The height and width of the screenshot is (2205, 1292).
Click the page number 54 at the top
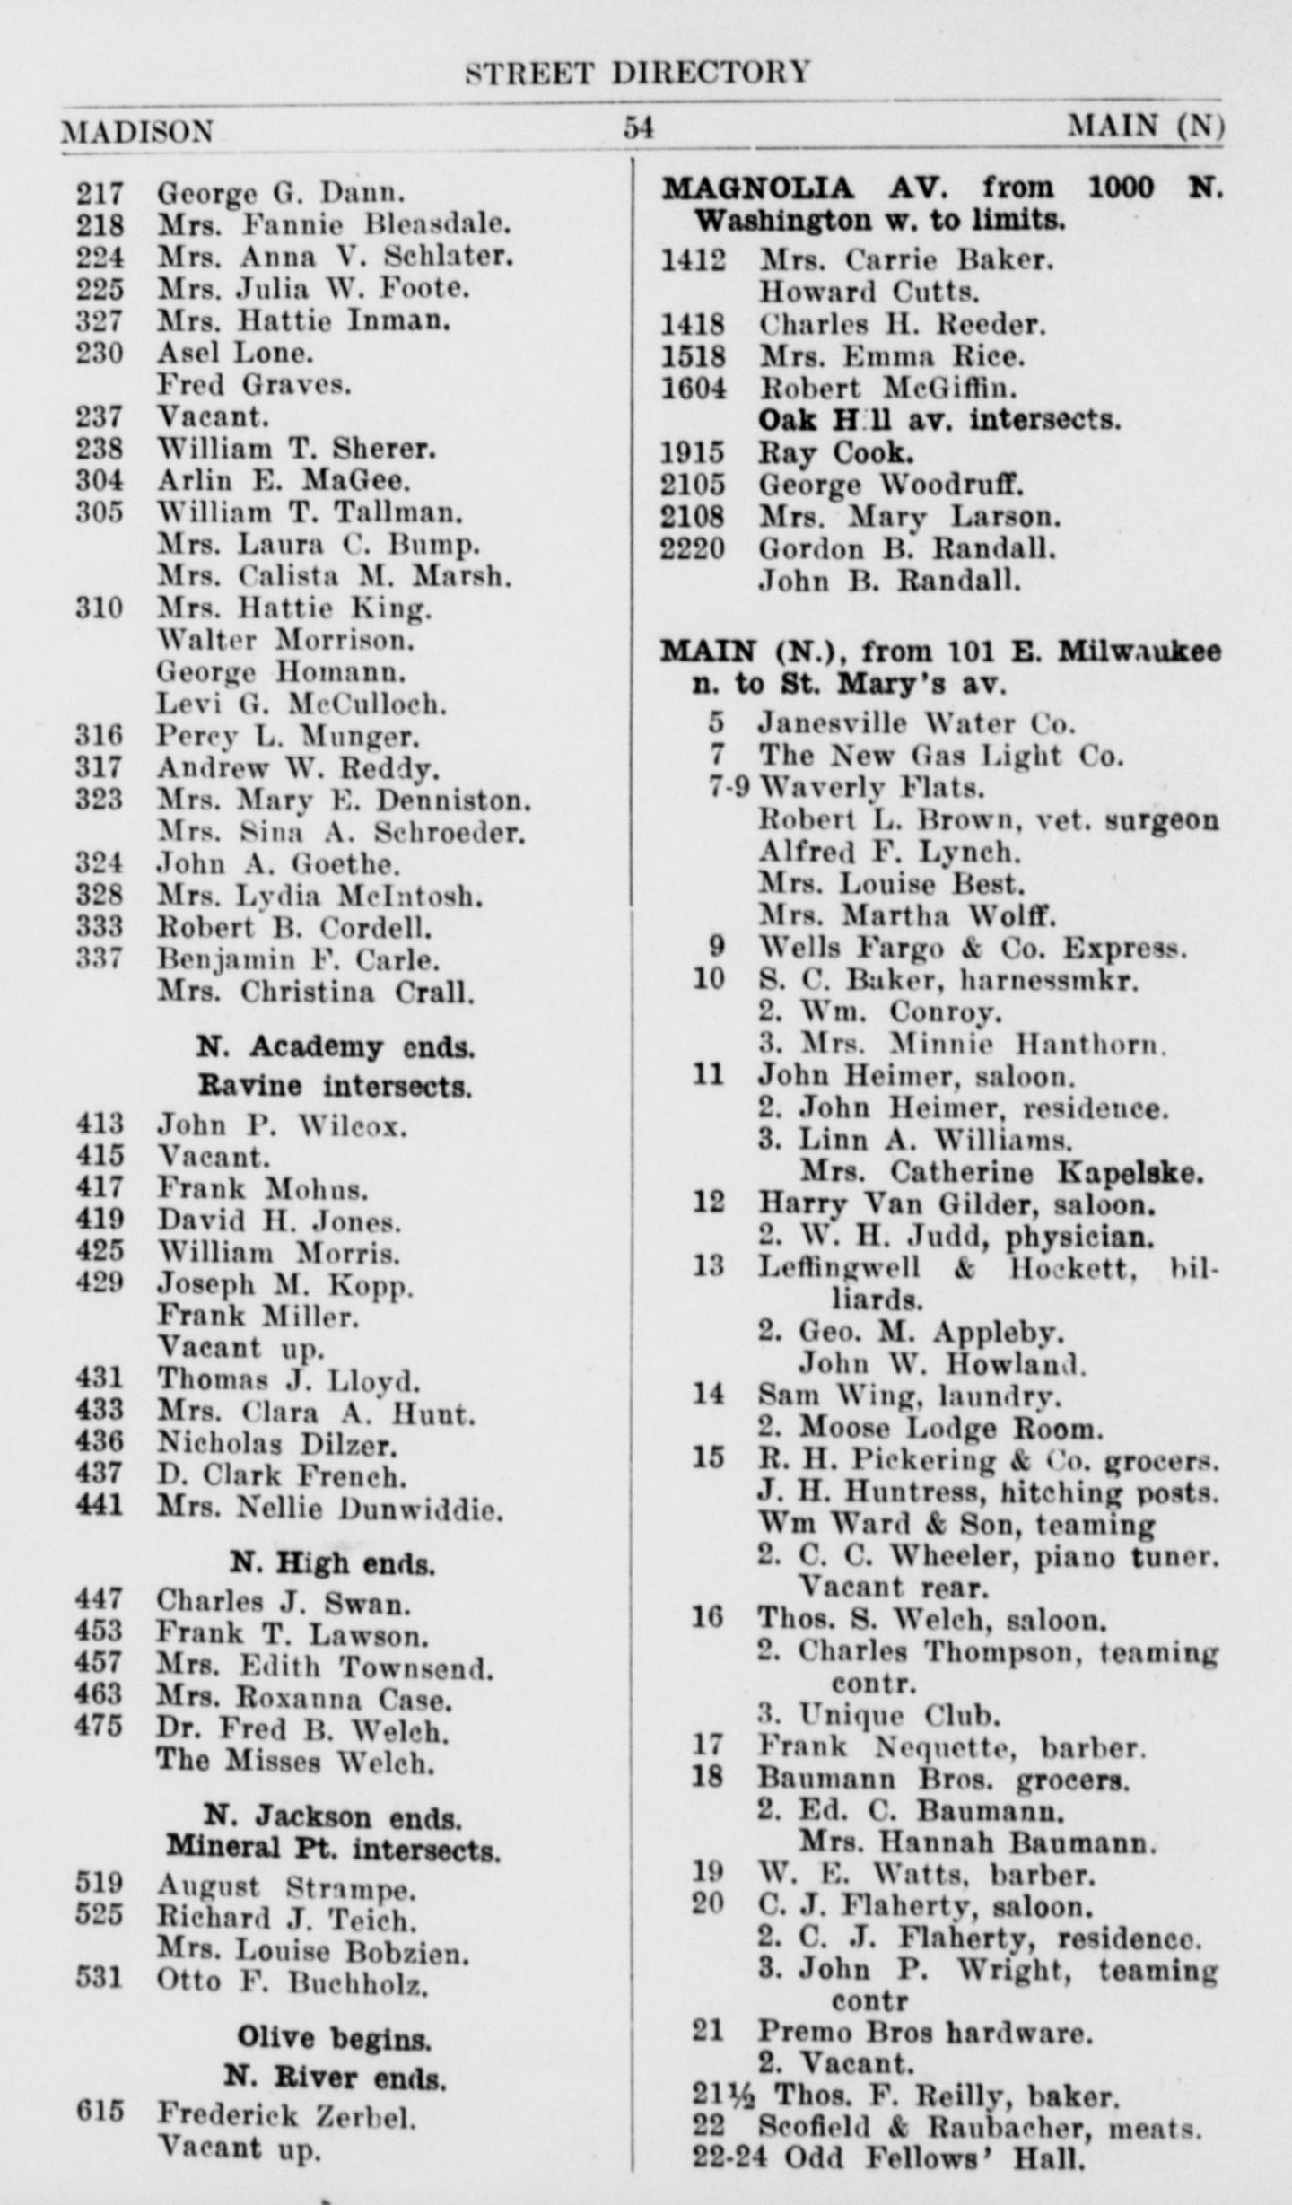click(x=639, y=128)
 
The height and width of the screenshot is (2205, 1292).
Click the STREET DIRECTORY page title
click(x=638, y=72)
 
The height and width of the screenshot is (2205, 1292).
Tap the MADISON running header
click(x=136, y=131)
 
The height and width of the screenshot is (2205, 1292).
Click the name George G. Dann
click(x=281, y=192)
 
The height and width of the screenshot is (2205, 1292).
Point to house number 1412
click(x=693, y=260)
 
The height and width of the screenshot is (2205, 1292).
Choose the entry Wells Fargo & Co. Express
click(x=973, y=948)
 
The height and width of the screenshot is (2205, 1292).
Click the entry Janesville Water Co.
click(x=915, y=722)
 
